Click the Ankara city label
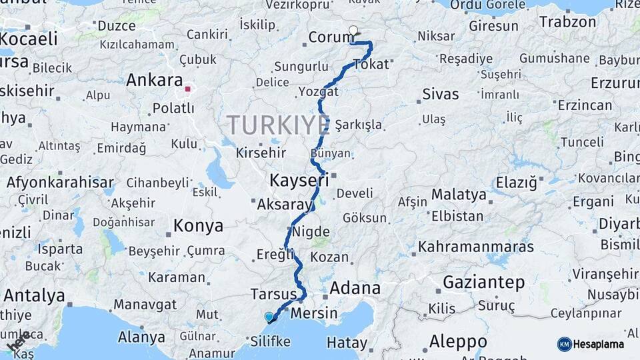tap(154, 81)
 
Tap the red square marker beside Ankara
tap(188, 88)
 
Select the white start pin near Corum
tap(353, 31)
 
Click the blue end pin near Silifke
tap(269, 317)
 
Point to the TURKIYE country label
tap(279, 125)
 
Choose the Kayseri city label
tap(299, 180)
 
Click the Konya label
tap(198, 226)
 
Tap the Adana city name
tap(355, 289)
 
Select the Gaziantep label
tap(483, 282)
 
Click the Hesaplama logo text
tap(598, 344)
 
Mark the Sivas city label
tap(441, 94)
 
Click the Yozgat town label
tap(319, 91)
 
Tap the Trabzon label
tap(567, 21)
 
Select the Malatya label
tap(459, 195)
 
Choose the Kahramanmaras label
tap(476, 247)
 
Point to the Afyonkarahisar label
tap(60, 182)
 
